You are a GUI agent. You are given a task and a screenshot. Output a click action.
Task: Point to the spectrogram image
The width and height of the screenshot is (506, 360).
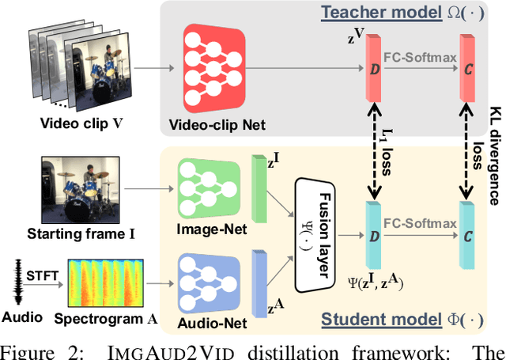[x=112, y=282]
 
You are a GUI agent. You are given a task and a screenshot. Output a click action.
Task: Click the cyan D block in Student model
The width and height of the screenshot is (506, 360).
[x=374, y=235]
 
